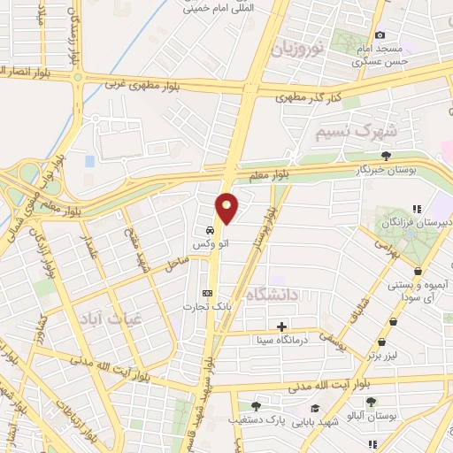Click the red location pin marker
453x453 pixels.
[226, 208]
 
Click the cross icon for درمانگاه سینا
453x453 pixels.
[281, 326]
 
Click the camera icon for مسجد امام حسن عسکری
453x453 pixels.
[380, 35]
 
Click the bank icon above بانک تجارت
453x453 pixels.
[208, 294]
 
